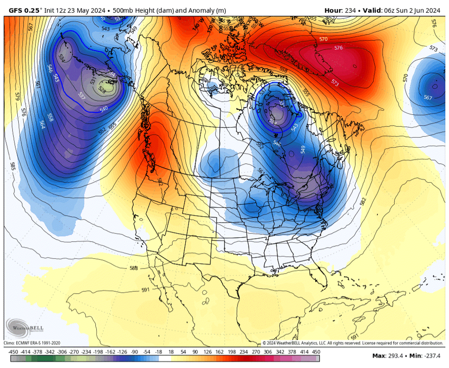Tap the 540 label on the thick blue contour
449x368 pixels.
click(104, 108)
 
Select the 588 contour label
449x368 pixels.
click(134, 268)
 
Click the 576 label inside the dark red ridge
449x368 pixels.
click(339, 48)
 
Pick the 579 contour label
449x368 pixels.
click(18, 97)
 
